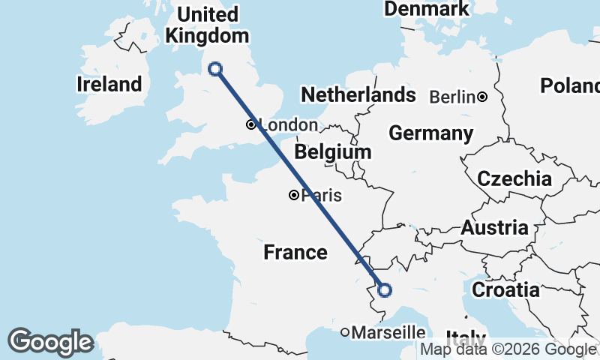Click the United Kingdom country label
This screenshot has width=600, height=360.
(207, 25)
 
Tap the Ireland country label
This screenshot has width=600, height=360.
(109, 85)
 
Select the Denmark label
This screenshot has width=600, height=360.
(427, 9)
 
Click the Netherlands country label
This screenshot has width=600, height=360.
(358, 94)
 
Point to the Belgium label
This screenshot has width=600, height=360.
(333, 152)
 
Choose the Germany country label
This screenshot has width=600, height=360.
(430, 133)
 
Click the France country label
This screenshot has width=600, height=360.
(295, 252)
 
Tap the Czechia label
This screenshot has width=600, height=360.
(514, 179)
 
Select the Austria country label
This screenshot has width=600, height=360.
(494, 228)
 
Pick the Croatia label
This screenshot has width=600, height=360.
(505, 289)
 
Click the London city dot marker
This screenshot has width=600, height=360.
(250, 124)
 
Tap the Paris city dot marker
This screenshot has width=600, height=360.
(294, 195)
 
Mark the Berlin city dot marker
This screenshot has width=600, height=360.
(482, 96)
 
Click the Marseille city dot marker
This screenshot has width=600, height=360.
(345, 331)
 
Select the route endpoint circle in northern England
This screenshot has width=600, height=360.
(215, 69)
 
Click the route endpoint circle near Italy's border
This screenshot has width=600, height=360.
(384, 290)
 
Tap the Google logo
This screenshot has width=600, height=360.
(50, 342)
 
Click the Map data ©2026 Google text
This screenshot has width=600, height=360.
(508, 349)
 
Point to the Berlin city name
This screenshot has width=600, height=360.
(452, 97)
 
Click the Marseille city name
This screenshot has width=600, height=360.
(388, 331)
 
